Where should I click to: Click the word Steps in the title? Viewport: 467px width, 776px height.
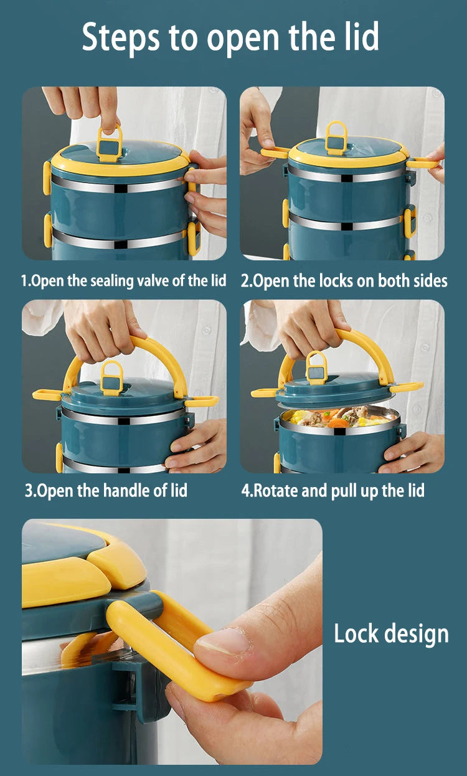tap(119, 37)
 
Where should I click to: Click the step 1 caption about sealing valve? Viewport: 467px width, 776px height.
tap(124, 281)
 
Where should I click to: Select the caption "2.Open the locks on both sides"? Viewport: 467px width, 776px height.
tap(344, 281)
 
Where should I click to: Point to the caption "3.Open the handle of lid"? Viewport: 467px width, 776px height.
tap(106, 490)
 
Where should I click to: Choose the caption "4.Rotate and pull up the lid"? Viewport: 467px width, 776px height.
tap(333, 490)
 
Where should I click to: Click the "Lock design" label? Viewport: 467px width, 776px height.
tap(391, 634)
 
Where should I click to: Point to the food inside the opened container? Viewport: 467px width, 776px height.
tap(339, 417)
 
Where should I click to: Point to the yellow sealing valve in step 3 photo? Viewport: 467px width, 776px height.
tap(111, 377)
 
